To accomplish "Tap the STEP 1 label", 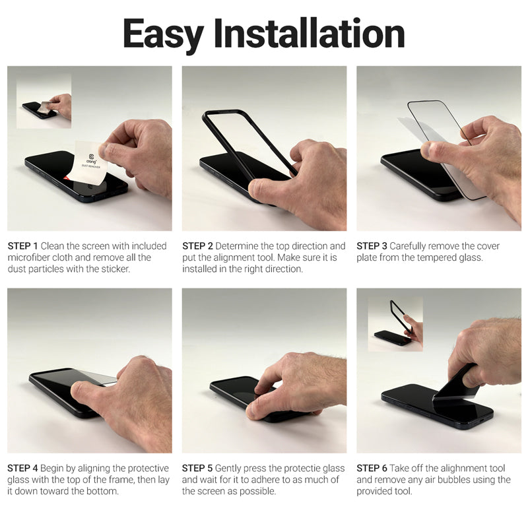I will [x=23, y=246].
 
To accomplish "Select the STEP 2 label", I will [x=197, y=246].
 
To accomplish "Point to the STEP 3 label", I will [x=372, y=246].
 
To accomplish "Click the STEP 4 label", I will [x=23, y=468].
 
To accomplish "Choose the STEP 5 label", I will [x=197, y=468].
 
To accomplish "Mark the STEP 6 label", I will [x=372, y=468].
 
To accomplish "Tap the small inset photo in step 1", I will [x=44, y=101].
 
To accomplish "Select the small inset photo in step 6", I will [x=395, y=323].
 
